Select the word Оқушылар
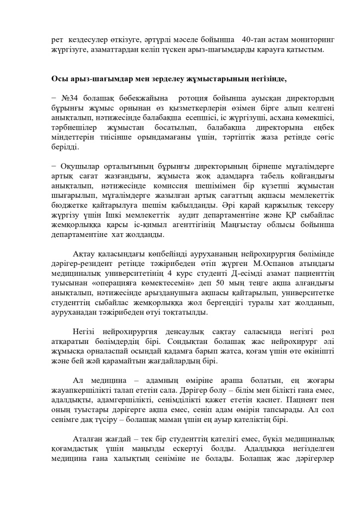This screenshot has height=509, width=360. pyautogui.click(x=82, y=166)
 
